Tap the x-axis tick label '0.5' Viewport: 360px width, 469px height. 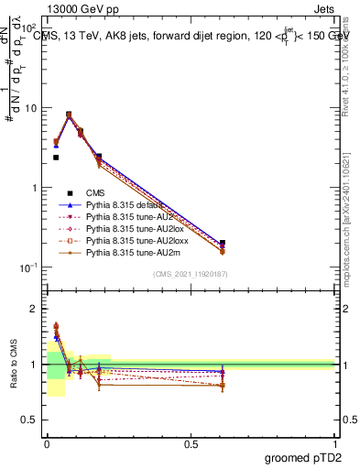[x=191, y=442]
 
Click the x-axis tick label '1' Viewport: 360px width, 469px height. [x=335, y=442]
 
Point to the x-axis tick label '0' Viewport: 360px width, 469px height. [x=47, y=442]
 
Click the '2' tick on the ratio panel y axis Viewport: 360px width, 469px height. [x=37, y=309]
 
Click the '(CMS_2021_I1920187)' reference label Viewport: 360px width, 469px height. [x=190, y=275]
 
